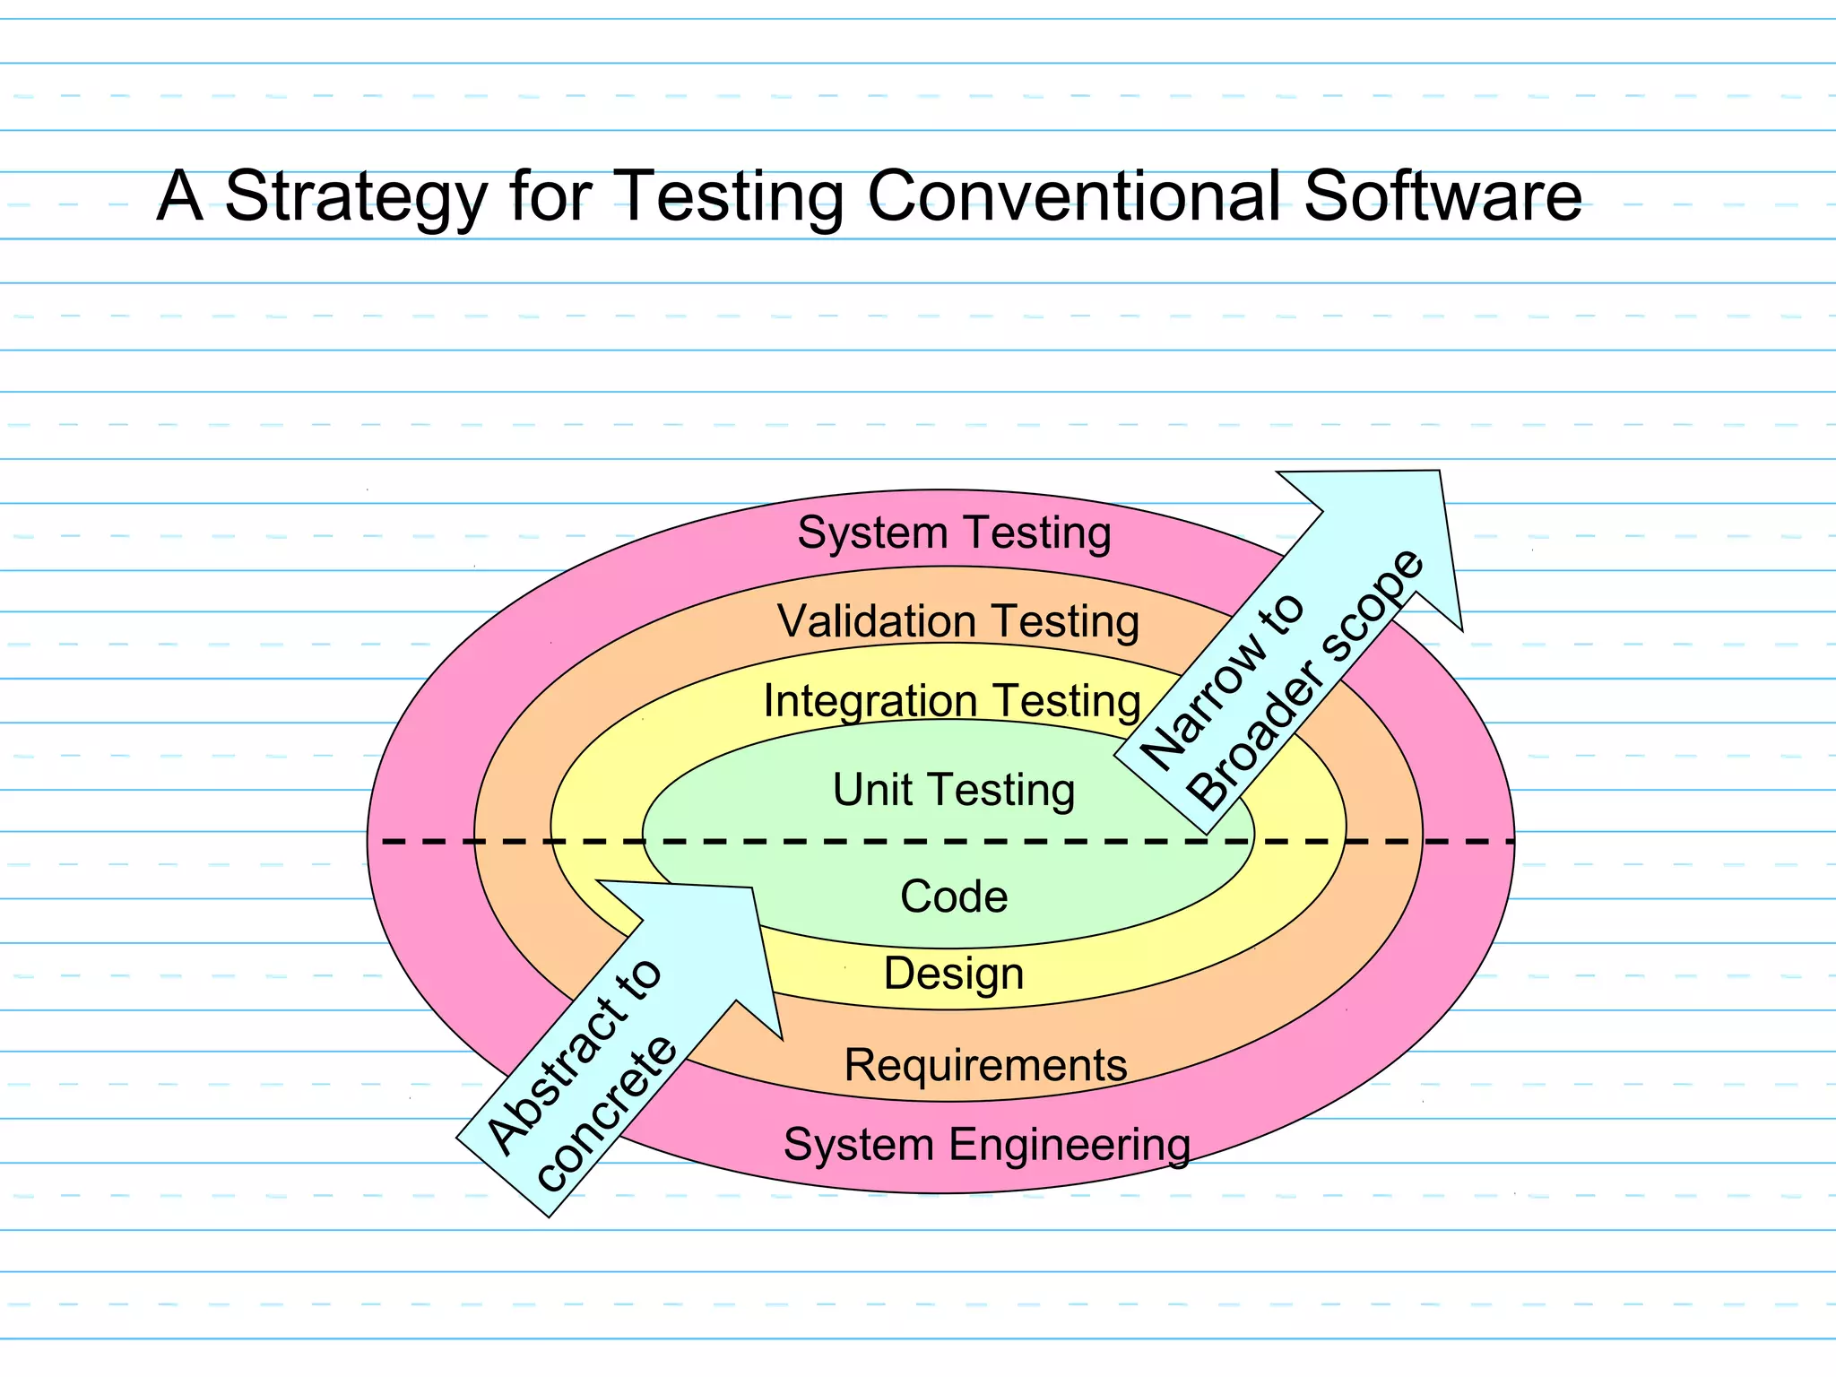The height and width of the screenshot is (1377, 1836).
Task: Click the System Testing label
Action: click(954, 533)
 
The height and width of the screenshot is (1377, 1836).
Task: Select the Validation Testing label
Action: click(957, 621)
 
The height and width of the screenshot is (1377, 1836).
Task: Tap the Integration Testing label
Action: click(952, 701)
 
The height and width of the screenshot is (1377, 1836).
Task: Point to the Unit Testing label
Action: click(954, 790)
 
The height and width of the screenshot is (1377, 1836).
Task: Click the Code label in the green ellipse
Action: click(954, 896)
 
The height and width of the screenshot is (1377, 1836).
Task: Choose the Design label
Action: click(954, 974)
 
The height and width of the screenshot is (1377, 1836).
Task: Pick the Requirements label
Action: click(985, 1065)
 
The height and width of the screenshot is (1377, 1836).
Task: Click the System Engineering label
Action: click(987, 1145)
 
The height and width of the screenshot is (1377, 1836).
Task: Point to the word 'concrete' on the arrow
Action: click(607, 1114)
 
